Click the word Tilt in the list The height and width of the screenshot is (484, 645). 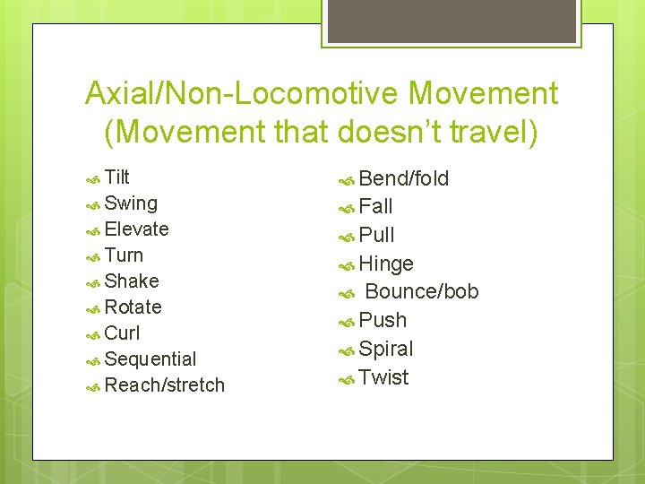117,177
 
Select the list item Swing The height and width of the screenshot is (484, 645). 131,203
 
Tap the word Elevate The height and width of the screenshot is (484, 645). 136,229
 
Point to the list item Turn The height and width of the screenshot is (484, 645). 124,255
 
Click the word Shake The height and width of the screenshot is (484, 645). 132,281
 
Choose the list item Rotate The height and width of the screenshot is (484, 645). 133,307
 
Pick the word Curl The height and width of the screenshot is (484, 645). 123,333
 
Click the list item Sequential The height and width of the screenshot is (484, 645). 150,359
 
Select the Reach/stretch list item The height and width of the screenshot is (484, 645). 164,385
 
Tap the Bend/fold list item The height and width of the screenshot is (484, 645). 404,178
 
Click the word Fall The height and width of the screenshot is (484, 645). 375,207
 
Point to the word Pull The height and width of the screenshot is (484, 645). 376,236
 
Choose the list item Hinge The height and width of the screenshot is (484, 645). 386,264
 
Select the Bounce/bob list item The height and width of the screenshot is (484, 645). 422,292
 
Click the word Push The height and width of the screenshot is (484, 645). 383,320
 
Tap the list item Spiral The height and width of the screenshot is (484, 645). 386,349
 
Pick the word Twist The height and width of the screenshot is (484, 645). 383,377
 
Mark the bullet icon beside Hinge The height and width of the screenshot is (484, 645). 348,264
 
